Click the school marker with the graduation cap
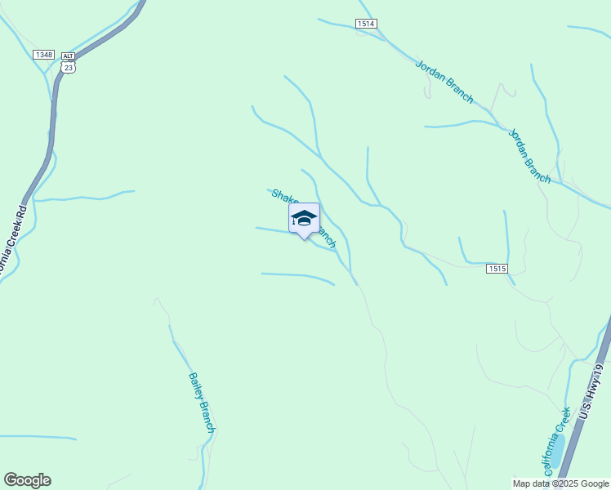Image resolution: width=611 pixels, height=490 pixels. point(304,218)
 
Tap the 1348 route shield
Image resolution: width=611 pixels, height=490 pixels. point(44,55)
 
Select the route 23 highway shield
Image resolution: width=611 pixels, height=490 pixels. point(68,69)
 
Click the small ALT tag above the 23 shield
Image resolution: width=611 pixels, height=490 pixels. point(68,56)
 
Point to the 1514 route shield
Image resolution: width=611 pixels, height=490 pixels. point(366,24)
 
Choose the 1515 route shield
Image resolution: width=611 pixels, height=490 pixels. point(497,269)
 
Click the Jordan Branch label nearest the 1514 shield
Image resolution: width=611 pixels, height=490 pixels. point(444,82)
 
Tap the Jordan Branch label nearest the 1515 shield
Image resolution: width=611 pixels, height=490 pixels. point(529,156)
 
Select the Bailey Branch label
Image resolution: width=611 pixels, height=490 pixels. point(201,403)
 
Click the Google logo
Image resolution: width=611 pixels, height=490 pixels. point(27,480)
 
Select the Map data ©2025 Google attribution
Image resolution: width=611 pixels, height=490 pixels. point(560,483)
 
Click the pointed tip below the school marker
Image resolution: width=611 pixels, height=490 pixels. point(304,238)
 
